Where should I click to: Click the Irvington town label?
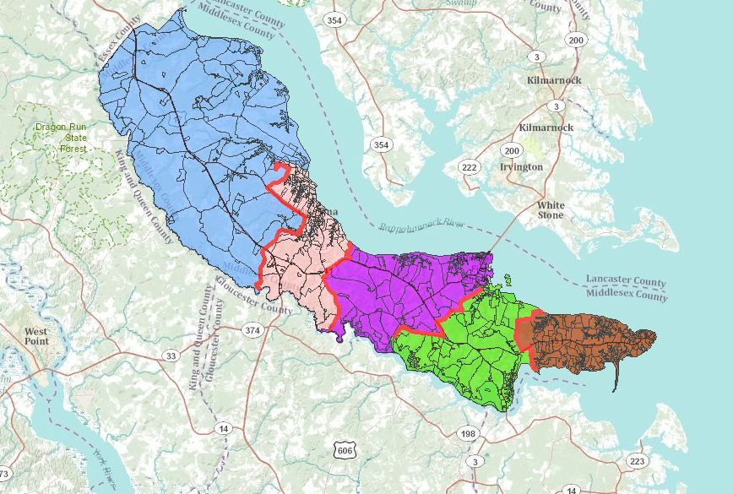(x=521, y=166)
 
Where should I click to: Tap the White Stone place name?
(x=551, y=209)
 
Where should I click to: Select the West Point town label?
(x=35, y=336)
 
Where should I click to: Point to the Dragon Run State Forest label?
(x=60, y=138)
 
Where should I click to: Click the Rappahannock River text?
(x=421, y=226)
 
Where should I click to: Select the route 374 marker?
(x=252, y=328)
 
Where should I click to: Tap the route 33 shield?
(x=171, y=356)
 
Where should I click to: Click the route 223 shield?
(x=637, y=460)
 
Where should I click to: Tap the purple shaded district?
(x=397, y=287)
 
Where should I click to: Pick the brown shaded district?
(x=583, y=342)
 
